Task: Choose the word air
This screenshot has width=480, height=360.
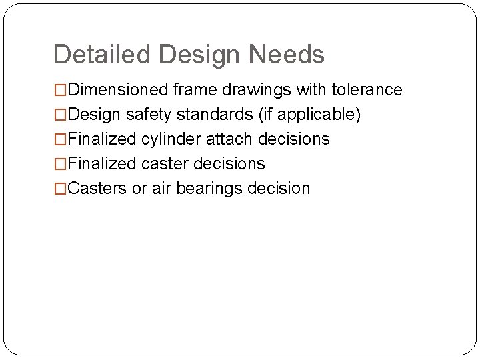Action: (x=161, y=189)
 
